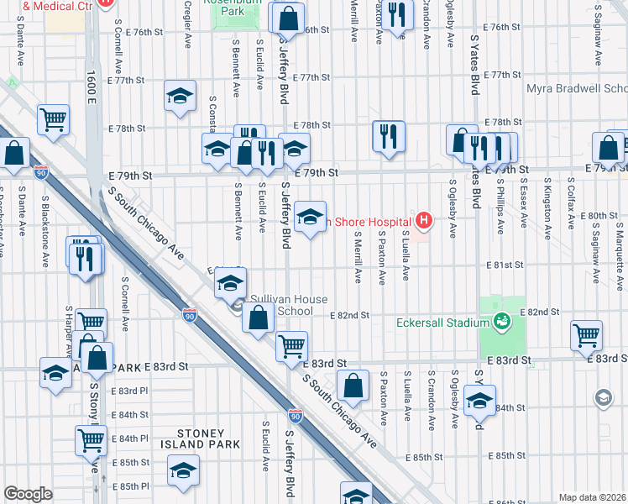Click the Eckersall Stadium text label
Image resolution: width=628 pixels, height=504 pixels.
pyautogui.click(x=443, y=323)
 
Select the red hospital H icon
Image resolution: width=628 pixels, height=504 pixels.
pyautogui.click(x=425, y=221)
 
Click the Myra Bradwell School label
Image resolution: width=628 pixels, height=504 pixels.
pyautogui.click(x=577, y=88)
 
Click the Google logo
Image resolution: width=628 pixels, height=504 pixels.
pyautogui.click(x=28, y=494)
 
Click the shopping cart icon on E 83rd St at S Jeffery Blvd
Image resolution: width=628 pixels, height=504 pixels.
pyautogui.click(x=291, y=345)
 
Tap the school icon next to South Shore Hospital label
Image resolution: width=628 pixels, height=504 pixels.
pyautogui.click(x=310, y=218)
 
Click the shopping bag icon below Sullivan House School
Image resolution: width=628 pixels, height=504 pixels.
pyautogui.click(x=259, y=318)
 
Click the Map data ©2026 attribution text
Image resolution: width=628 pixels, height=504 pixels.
pyautogui.click(x=593, y=497)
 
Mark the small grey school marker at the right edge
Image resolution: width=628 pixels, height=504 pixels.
pyautogui.click(x=603, y=396)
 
